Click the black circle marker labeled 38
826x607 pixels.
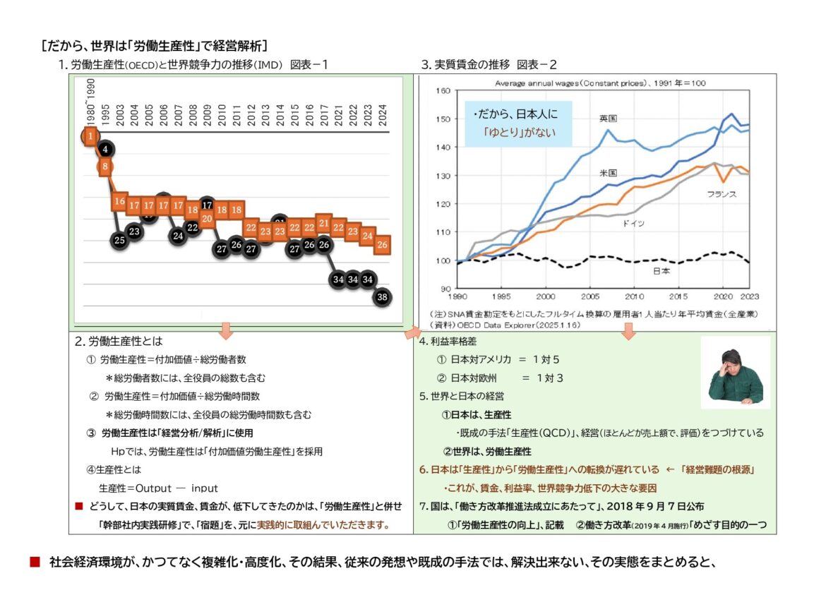pyautogui.click(x=383, y=297)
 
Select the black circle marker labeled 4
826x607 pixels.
pyautogui.click(x=105, y=150)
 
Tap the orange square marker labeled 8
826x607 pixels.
pyautogui.click(x=104, y=167)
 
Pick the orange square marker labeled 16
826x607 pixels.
pyautogui.click(x=119, y=201)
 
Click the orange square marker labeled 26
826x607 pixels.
pyautogui.click(x=383, y=244)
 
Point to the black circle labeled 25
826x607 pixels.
pyautogui.click(x=119, y=240)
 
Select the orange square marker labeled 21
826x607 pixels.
pyautogui.click(x=323, y=223)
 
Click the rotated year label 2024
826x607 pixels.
pyautogui.click(x=383, y=115)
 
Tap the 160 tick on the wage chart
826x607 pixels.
pyautogui.click(x=443, y=90)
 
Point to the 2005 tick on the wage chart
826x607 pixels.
pyautogui.click(x=590, y=296)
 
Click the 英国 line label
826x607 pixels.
pyautogui.click(x=608, y=119)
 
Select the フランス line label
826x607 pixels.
pyautogui.click(x=722, y=194)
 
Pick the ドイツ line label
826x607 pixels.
pyautogui.click(x=633, y=223)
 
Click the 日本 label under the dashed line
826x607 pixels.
pyautogui.click(x=661, y=271)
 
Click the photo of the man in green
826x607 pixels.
pyautogui.click(x=736, y=373)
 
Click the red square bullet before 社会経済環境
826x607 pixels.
pyautogui.click(x=35, y=562)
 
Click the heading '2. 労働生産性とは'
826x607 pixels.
pyautogui.click(x=119, y=341)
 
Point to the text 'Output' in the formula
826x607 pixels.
pyautogui.click(x=153, y=488)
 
